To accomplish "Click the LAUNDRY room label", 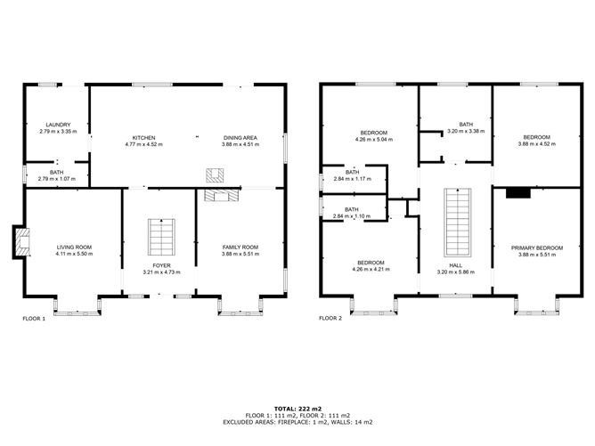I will click(x=53, y=125).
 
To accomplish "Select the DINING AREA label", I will click(x=240, y=137).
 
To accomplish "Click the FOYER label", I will click(x=161, y=265).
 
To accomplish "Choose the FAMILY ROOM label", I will click(x=240, y=247).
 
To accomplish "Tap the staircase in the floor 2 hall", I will click(x=455, y=223).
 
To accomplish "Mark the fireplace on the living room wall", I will click(x=19, y=240).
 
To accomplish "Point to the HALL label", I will click(x=455, y=265).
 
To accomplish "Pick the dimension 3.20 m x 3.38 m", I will click(x=465, y=130).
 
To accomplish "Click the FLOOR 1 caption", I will click(x=35, y=318).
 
